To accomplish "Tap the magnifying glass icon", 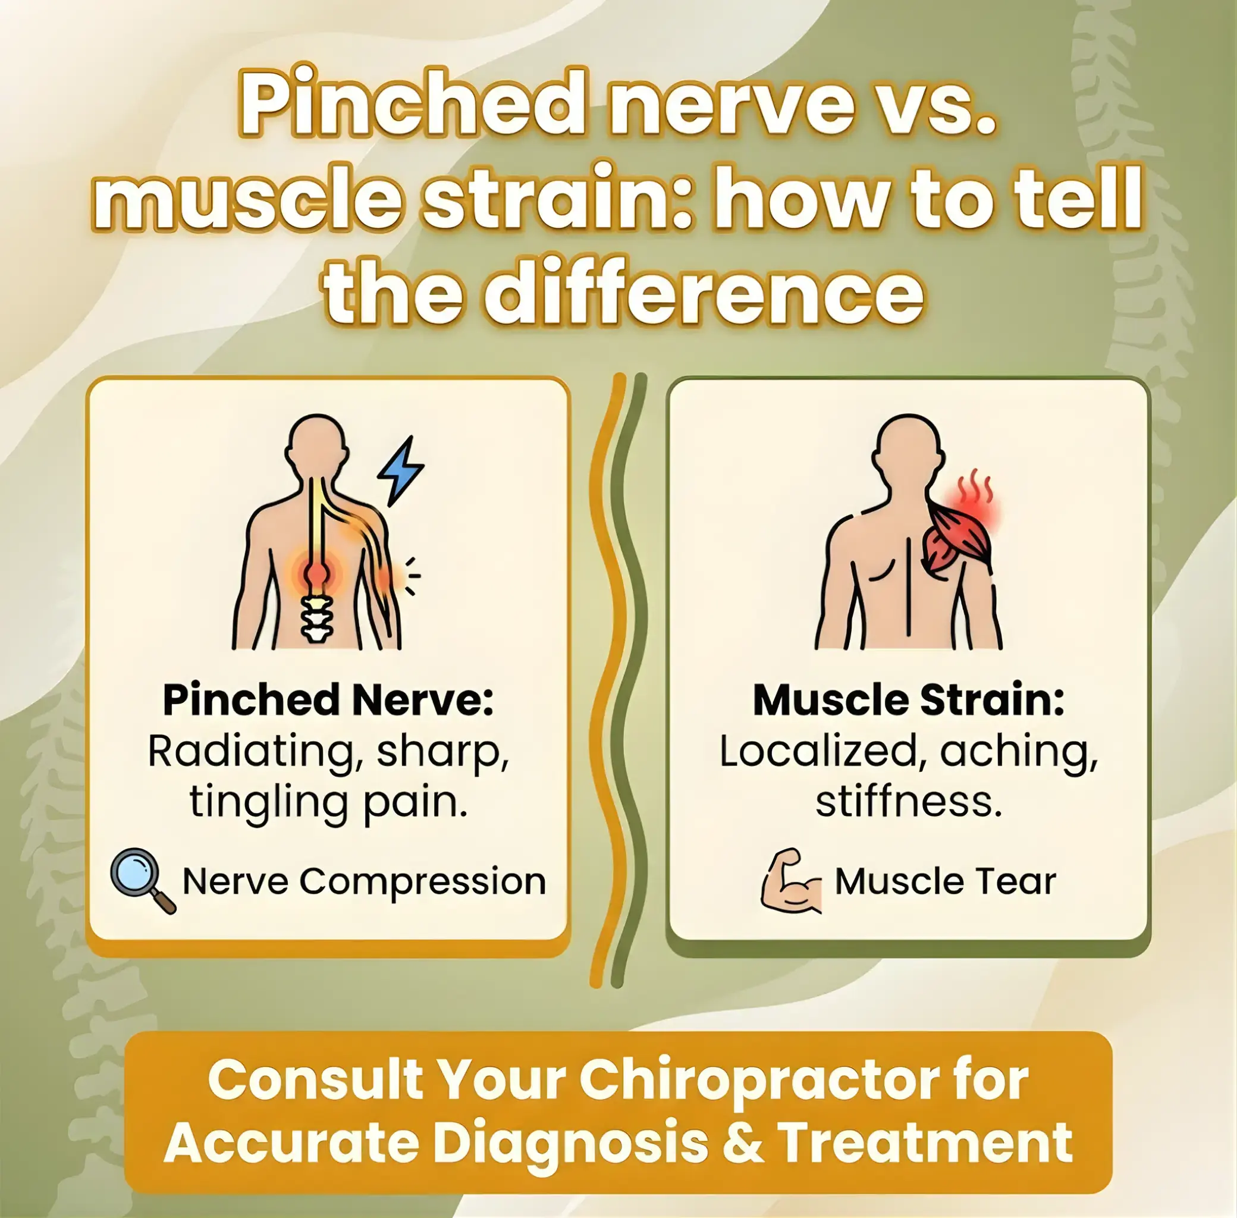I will (141, 879).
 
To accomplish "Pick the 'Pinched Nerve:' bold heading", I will (328, 700).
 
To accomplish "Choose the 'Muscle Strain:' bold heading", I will (908, 700).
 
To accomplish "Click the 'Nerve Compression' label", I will (364, 881).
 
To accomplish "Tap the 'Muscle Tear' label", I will (946, 881).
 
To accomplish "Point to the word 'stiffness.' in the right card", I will (908, 801).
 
